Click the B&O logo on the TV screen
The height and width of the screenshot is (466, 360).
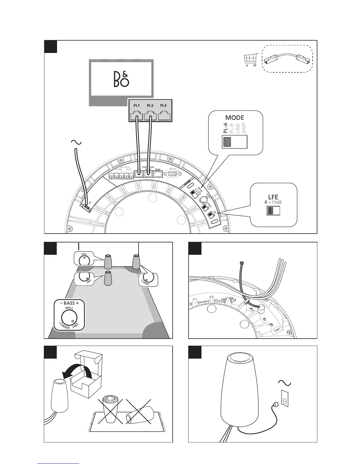(121, 79)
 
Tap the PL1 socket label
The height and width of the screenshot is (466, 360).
(136, 106)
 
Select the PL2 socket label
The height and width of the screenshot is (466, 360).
(150, 106)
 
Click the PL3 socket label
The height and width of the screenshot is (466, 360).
(164, 106)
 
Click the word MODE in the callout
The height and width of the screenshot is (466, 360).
(235, 118)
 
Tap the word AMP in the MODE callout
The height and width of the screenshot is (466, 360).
(244, 128)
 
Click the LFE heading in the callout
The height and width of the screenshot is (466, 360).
(273, 197)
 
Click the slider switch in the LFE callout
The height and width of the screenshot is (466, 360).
(273, 211)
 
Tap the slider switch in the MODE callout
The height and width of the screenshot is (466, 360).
(234, 142)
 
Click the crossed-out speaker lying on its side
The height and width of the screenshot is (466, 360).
(138, 416)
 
